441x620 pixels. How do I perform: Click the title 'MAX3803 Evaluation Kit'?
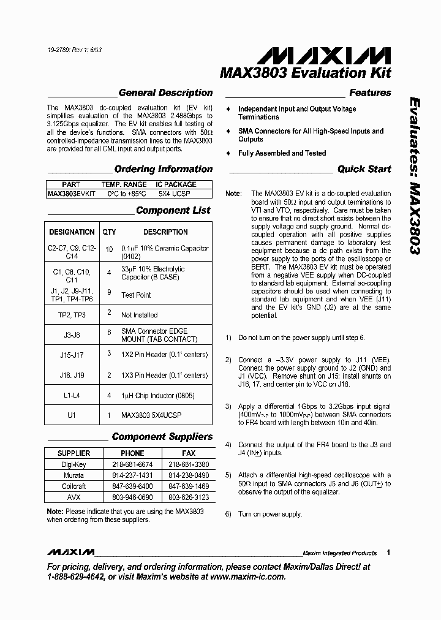coord(305,73)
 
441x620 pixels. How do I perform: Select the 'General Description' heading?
coord(165,93)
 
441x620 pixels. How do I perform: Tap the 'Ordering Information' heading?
coord(164,169)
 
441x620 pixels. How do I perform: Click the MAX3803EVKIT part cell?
coord(71,194)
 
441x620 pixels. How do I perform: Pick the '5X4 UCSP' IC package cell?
coord(175,194)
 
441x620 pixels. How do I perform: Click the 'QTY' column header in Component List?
coord(109,232)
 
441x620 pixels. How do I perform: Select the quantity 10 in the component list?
coord(109,249)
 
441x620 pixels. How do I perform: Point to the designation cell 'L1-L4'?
coord(72,395)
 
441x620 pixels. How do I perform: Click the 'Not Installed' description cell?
coord(139,315)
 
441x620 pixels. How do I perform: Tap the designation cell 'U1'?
coord(72,415)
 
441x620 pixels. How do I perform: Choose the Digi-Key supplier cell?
coord(73,464)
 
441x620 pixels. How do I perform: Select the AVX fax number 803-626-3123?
coord(189,497)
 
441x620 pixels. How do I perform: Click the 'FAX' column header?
coord(189,453)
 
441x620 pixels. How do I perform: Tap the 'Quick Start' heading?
coord(364,169)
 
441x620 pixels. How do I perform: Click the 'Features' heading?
coord(370,93)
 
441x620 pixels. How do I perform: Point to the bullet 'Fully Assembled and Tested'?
coord(282,153)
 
